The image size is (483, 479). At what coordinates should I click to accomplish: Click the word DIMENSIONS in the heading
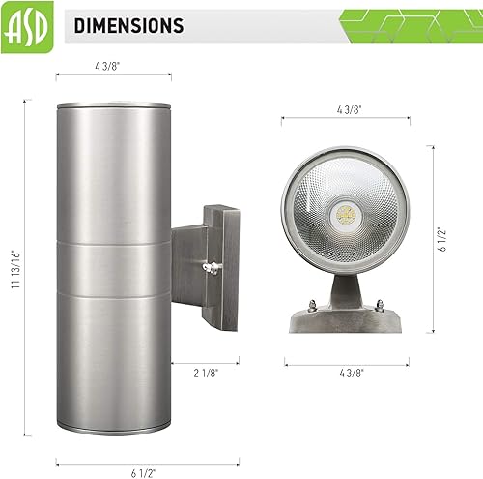(x=129, y=25)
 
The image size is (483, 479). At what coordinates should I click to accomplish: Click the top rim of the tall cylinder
(x=114, y=104)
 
